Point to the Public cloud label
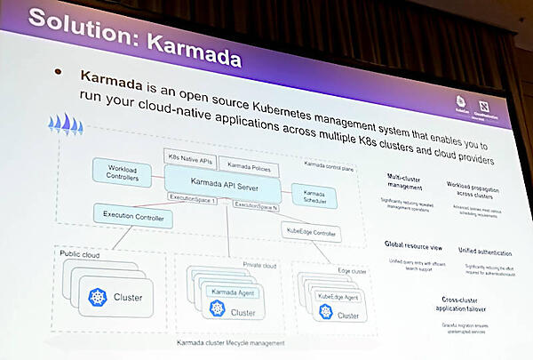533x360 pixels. pyautogui.click(x=81, y=254)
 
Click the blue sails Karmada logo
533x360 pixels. pyautogui.click(x=65, y=124)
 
